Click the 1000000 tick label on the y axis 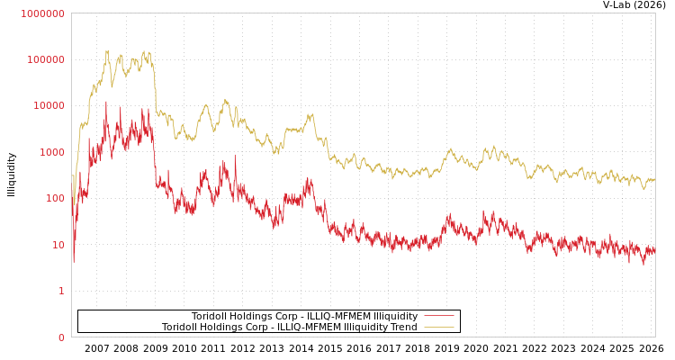pyautogui.click(x=42, y=13)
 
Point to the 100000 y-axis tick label pyautogui.click(x=45, y=59)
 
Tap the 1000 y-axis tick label pyautogui.click(x=51, y=152)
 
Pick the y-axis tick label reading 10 pyautogui.click(x=58, y=245)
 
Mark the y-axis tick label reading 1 pyautogui.click(x=61, y=291)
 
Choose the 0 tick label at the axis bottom pyautogui.click(x=61, y=337)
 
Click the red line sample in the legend pyautogui.click(x=438, y=316)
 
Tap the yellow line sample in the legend pyautogui.click(x=438, y=327)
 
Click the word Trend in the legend pyautogui.click(x=402, y=328)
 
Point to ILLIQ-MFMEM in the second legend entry pyautogui.click(x=280, y=328)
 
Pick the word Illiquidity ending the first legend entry pyautogui.click(x=395, y=317)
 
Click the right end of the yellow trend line pyautogui.click(x=654, y=180)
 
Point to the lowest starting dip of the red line pyautogui.click(x=74, y=262)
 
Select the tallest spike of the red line pyautogui.click(x=106, y=102)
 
